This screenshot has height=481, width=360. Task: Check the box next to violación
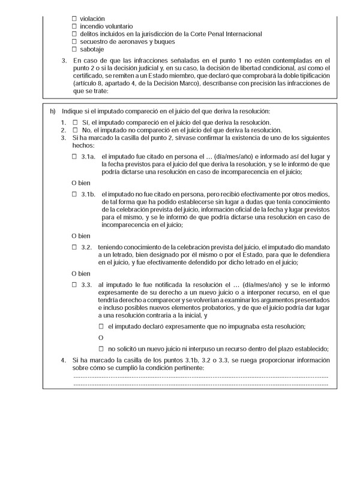coord(74,19)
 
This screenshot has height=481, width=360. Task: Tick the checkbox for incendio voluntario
coord(74,26)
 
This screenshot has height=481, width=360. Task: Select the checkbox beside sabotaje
coord(74,49)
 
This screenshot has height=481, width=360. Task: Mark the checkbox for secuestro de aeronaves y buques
coord(74,41)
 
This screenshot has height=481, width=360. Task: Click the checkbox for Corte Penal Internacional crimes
coord(74,34)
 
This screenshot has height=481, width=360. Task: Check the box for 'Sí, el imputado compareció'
coord(75,123)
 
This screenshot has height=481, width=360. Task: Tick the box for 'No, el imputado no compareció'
coord(75,130)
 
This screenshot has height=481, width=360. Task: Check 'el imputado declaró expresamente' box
coord(101,325)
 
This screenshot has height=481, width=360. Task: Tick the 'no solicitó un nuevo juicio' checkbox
coord(101,349)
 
